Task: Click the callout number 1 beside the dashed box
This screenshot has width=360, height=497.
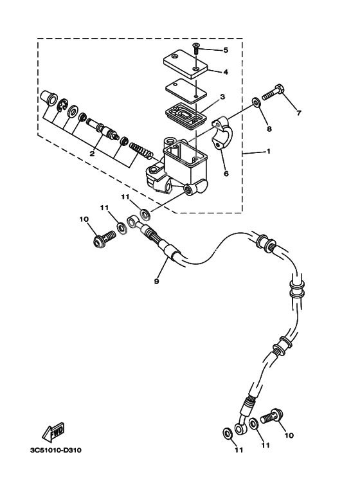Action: [269, 152]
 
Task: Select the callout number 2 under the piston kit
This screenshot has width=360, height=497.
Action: [93, 154]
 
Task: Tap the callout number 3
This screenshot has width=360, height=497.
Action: [222, 98]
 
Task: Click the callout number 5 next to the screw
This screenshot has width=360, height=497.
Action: [225, 50]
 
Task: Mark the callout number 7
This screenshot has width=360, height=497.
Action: [298, 114]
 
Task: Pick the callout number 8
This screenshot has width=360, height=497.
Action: [269, 129]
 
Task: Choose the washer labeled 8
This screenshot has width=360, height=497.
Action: [256, 101]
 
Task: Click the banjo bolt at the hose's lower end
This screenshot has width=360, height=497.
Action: [273, 418]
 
